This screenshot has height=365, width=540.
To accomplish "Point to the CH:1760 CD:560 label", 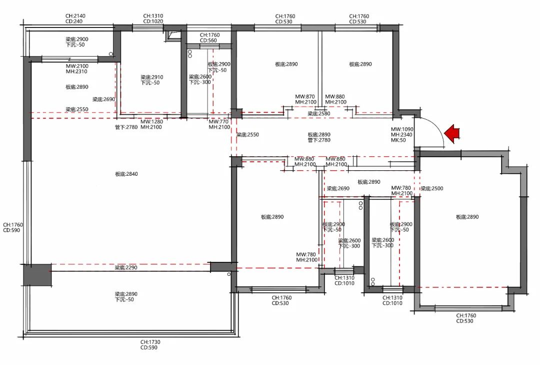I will click(x=209, y=38).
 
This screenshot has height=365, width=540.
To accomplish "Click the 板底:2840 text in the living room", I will click(x=126, y=174).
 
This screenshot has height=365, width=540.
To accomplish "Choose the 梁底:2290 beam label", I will click(x=126, y=268).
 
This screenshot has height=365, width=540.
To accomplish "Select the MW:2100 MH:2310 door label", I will click(x=77, y=69).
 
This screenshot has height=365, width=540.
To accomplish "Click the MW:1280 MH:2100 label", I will click(x=151, y=124).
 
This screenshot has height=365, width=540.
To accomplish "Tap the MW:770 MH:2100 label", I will click(x=219, y=124).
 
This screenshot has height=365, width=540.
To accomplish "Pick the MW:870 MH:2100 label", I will click(x=305, y=99).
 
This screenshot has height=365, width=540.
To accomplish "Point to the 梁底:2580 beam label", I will click(x=319, y=114).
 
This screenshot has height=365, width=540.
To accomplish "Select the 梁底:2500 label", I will click(x=432, y=189).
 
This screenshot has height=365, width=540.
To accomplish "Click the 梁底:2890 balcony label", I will click(x=126, y=296).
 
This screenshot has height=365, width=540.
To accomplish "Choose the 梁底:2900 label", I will click(x=77, y=42).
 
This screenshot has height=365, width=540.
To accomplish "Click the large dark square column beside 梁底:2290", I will click(x=37, y=275).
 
